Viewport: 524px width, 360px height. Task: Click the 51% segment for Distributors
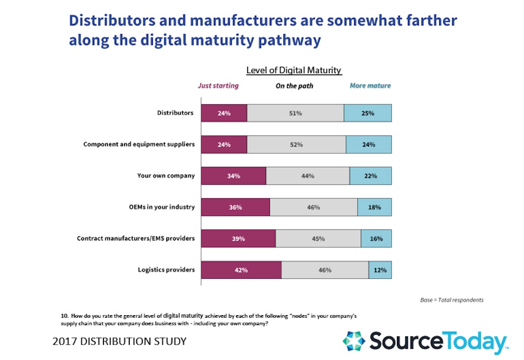point(295,113)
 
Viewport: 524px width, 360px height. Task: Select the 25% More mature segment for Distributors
point(368,113)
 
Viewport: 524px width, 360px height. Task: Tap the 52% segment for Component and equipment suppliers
point(296,144)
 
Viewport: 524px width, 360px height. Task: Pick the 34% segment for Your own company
point(233,176)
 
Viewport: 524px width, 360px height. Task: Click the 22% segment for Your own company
point(370,176)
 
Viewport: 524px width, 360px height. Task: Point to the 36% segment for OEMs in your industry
point(235,207)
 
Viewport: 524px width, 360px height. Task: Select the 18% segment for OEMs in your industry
point(374,207)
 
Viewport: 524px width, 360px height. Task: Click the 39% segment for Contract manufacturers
point(238,239)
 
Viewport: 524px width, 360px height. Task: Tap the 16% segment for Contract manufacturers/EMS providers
point(376,239)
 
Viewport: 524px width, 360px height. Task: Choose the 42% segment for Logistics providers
point(241,270)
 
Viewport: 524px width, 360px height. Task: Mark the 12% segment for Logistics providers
point(380,270)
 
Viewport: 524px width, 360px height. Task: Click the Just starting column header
point(218,86)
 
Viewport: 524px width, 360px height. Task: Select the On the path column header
point(294,86)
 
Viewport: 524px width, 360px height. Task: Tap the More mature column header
point(370,86)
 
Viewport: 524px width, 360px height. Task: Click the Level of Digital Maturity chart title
point(294,70)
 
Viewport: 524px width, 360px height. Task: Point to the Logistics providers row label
point(166,270)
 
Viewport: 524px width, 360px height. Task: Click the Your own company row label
point(165,176)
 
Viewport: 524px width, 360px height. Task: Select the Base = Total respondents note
point(452,300)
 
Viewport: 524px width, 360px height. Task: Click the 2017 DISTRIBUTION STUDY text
point(119,341)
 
